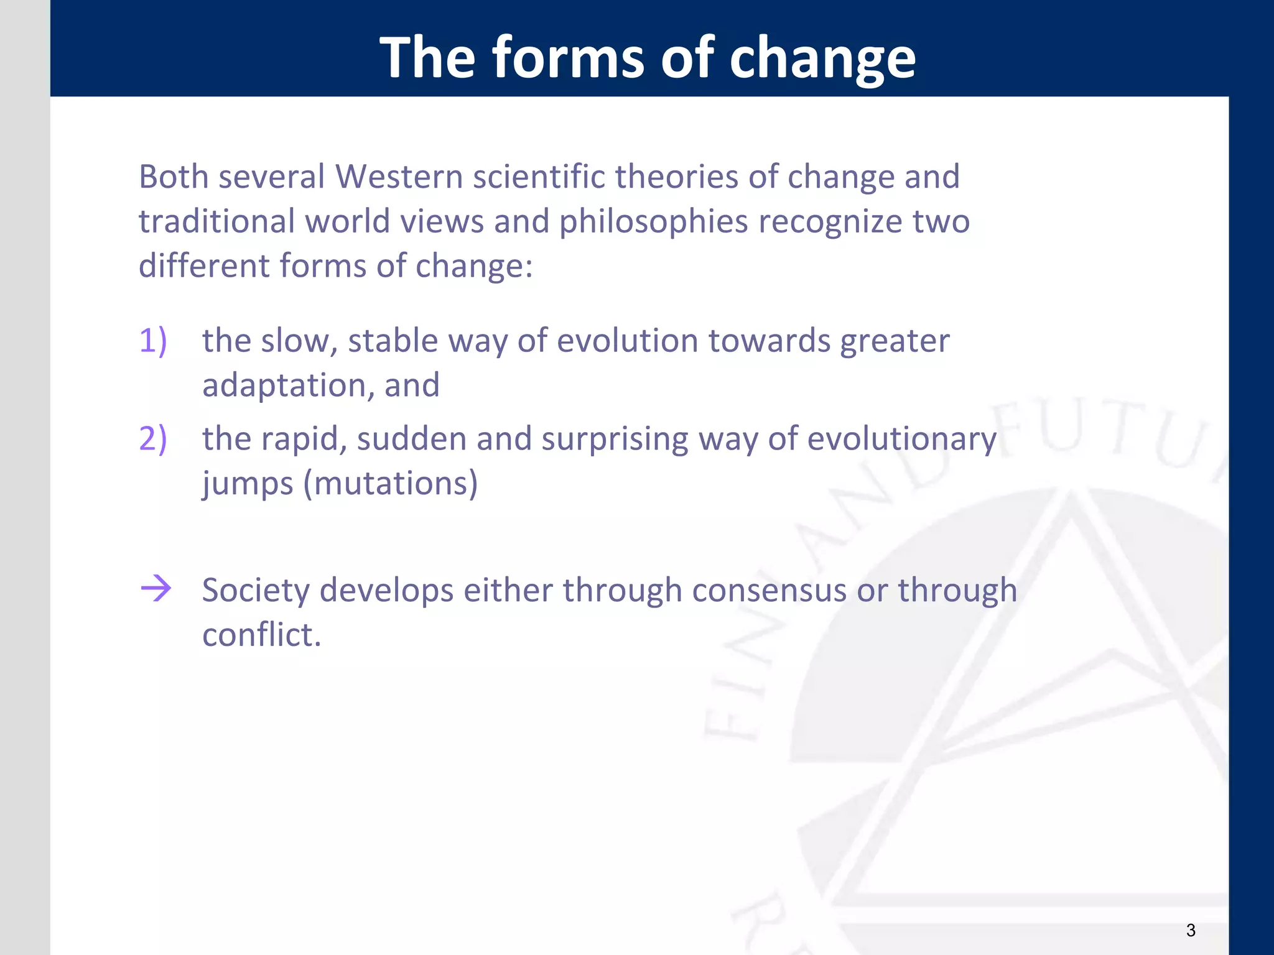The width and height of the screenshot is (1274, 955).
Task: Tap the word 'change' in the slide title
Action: coord(822,59)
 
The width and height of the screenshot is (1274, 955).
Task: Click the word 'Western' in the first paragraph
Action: coord(399,177)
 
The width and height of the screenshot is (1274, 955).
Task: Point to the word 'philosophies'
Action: coord(653,222)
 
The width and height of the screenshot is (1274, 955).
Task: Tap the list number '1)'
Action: coord(153,341)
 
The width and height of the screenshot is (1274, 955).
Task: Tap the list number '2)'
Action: coord(153,439)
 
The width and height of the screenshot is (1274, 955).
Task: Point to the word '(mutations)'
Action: coord(390,484)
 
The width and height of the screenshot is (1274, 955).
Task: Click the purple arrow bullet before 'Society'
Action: coord(156,588)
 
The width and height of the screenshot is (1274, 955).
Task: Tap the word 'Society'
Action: coord(256,591)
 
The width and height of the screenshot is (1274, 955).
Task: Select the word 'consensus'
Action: coord(769,590)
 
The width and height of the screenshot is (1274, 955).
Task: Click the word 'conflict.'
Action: coord(261,635)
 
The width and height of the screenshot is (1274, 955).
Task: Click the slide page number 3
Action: coord(1190,930)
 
